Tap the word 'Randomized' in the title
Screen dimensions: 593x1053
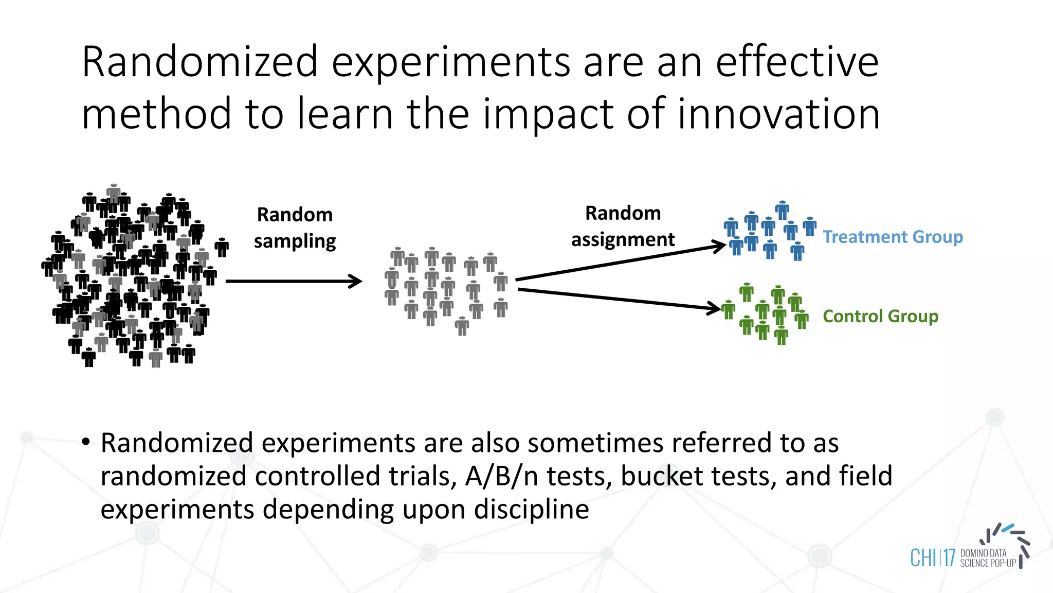[x=199, y=62]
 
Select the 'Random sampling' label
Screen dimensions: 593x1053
[x=295, y=228]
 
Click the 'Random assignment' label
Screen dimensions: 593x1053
[x=623, y=226]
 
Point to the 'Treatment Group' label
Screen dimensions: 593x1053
[x=893, y=237]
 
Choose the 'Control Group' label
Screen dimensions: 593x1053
[x=880, y=316]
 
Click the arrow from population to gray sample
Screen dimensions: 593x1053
[x=293, y=281]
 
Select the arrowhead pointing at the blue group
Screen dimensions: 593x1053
[x=719, y=246]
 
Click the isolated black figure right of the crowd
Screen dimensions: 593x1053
[x=222, y=248]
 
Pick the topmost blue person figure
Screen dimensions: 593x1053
[x=782, y=210]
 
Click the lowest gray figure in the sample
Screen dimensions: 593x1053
[x=462, y=326]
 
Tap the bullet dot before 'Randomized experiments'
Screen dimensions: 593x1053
[x=86, y=442]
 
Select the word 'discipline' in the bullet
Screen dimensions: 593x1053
[x=531, y=510]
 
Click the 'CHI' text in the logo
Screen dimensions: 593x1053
[x=923, y=558]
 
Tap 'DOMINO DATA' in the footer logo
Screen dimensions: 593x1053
[x=983, y=553]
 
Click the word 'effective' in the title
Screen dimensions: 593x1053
[x=797, y=62]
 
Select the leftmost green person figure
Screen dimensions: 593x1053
[x=728, y=310]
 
